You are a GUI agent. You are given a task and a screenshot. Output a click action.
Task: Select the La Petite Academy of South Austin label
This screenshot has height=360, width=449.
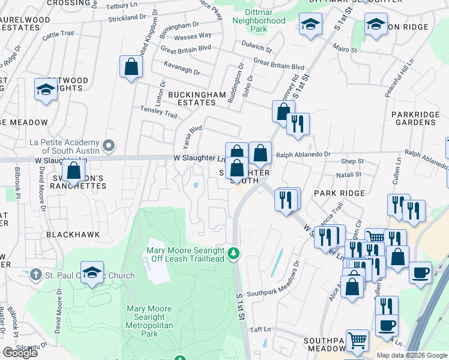click(64, 147)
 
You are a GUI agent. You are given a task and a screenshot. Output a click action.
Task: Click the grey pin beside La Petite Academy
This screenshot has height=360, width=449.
click(109, 145)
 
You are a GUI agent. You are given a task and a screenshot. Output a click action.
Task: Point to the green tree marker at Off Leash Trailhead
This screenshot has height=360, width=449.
click(234, 254)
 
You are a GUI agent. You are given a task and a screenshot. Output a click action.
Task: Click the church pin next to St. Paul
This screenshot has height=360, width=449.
click(36, 275)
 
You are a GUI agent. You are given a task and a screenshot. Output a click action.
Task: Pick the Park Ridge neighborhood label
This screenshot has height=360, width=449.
click(339, 193)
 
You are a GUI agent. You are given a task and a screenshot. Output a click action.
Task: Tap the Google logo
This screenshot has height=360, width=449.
click(20, 353)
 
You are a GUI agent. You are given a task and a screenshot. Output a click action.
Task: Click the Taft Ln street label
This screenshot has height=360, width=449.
click(261, 329)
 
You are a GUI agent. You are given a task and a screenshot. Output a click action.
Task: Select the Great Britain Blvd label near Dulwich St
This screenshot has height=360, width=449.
click(279, 62)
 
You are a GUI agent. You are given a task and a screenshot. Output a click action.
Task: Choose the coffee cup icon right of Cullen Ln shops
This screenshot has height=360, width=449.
click(420, 272)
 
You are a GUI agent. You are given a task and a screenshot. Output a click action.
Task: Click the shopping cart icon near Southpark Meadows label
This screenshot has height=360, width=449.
click(357, 341)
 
